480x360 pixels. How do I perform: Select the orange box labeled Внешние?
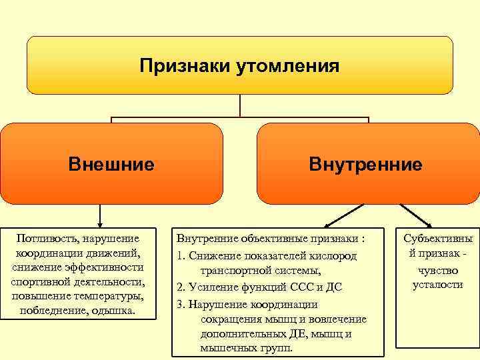point(111,163)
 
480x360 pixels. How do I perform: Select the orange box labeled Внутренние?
point(365,164)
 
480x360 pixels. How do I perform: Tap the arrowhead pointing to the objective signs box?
point(327,225)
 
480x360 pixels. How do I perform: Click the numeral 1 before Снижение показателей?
point(179,256)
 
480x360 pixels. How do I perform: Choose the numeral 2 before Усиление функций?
point(180,287)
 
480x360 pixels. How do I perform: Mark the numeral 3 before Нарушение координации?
point(180,304)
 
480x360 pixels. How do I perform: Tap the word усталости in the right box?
point(437,285)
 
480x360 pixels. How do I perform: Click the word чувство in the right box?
point(437,271)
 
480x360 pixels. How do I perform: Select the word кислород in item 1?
point(333,256)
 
